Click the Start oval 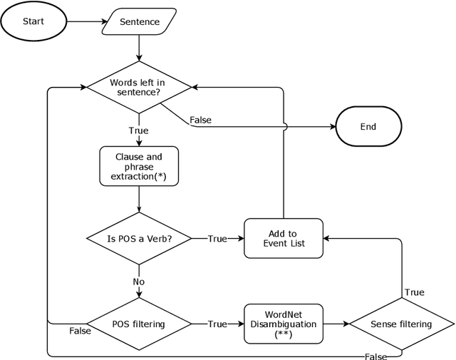[x=33, y=21]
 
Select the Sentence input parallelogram [x=139, y=22]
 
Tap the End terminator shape [x=368, y=127]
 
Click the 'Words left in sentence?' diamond [x=139, y=88]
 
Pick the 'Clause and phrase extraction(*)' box [x=139, y=167]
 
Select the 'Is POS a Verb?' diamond [x=139, y=239]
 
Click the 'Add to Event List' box [x=283, y=239]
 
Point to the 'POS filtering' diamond [x=139, y=324]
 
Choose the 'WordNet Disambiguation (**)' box [x=283, y=324]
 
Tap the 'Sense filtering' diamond [x=401, y=324]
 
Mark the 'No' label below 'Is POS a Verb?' [x=139, y=282]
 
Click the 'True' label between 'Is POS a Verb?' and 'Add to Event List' [x=217, y=239]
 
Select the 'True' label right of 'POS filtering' [x=217, y=324]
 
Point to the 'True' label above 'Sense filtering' [x=414, y=292]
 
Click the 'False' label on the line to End [x=201, y=120]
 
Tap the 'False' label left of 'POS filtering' [x=80, y=331]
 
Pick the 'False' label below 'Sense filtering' [x=375, y=356]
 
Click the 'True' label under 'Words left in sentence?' [x=139, y=131]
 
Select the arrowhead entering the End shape [x=331, y=127]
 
